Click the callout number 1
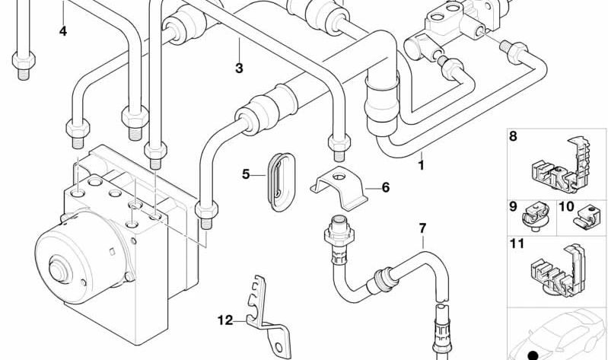(422, 164)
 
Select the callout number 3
(239, 68)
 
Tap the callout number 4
(63, 31)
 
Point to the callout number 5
(246, 174)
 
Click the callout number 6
(385, 186)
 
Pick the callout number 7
(422, 228)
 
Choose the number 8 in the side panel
(513, 137)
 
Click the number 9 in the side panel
(513, 206)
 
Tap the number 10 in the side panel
(566, 206)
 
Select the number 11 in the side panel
(517, 246)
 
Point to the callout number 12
(224, 320)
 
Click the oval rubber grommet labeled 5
(279, 177)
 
